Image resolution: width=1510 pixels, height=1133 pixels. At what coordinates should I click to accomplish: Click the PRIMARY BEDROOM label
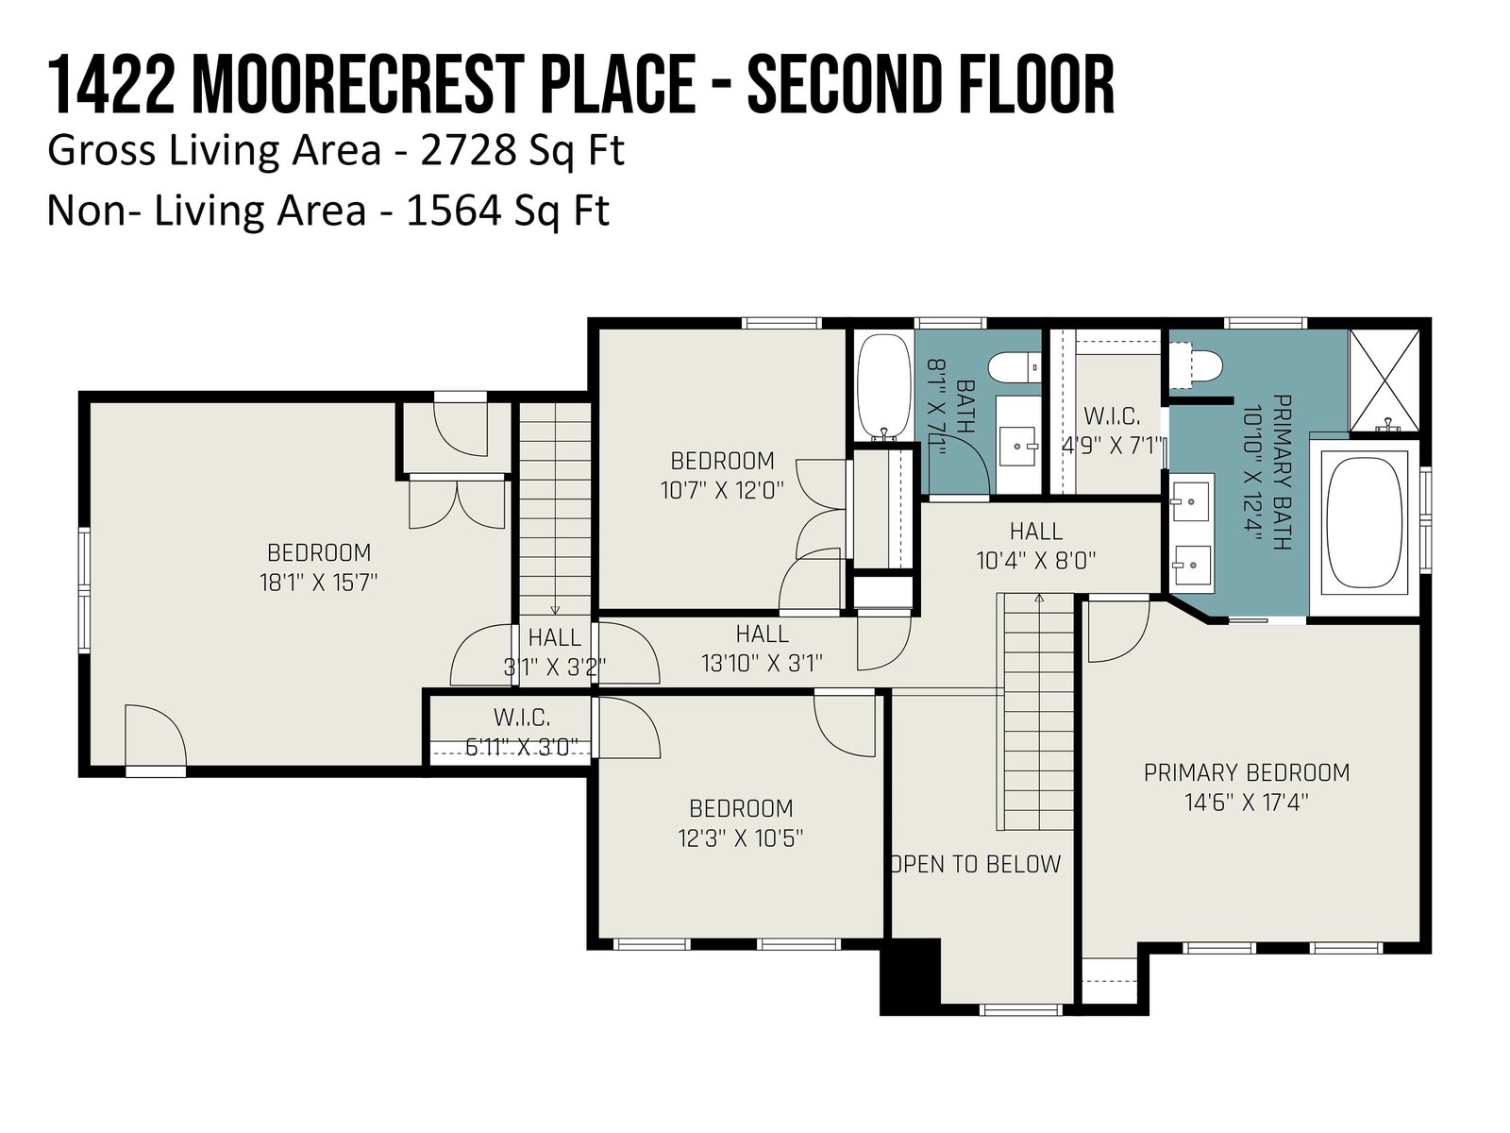(1246, 772)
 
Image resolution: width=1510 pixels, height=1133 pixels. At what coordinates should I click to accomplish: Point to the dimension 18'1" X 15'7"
(318, 583)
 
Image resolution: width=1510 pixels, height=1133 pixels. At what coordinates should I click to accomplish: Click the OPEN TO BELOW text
(977, 863)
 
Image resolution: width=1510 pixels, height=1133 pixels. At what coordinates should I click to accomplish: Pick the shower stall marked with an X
(1384, 381)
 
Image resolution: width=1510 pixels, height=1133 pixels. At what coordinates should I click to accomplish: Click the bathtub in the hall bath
(883, 385)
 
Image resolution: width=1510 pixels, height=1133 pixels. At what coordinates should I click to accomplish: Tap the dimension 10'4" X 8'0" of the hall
(1035, 562)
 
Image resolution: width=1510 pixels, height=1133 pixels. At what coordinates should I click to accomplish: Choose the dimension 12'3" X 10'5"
(740, 837)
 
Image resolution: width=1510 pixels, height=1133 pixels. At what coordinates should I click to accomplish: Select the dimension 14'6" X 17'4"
(1246, 803)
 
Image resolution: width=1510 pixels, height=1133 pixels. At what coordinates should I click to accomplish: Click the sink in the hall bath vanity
(1017, 444)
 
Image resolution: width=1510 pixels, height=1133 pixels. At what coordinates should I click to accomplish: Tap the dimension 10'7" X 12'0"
(722, 490)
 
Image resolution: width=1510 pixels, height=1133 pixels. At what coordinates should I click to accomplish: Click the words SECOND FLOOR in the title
(931, 86)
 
